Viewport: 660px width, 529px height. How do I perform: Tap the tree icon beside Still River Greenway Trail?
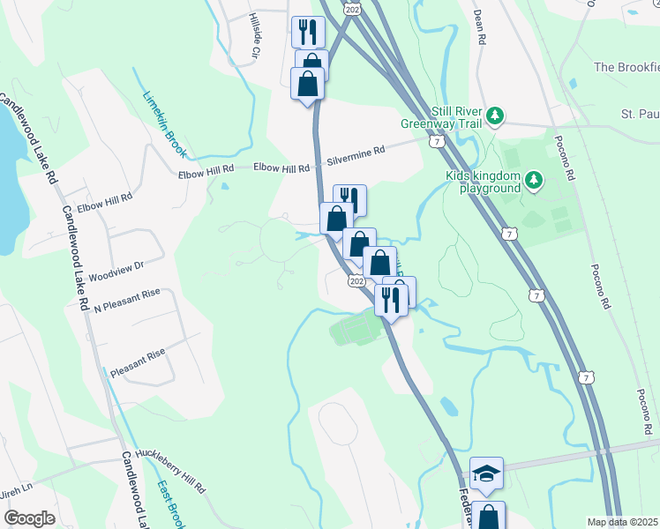[x=496, y=115]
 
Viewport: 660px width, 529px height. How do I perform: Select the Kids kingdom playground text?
[x=484, y=181]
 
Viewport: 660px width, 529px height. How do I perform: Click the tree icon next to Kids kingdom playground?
[x=533, y=181]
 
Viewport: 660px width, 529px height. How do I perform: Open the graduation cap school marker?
[x=486, y=473]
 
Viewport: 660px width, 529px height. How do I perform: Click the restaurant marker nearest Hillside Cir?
[x=308, y=33]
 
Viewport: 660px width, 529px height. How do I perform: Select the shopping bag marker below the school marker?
[x=488, y=516]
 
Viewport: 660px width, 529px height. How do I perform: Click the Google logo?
[x=29, y=519]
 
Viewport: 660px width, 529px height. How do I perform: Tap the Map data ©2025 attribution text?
[x=622, y=522]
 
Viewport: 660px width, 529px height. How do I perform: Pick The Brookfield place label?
[x=626, y=67]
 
